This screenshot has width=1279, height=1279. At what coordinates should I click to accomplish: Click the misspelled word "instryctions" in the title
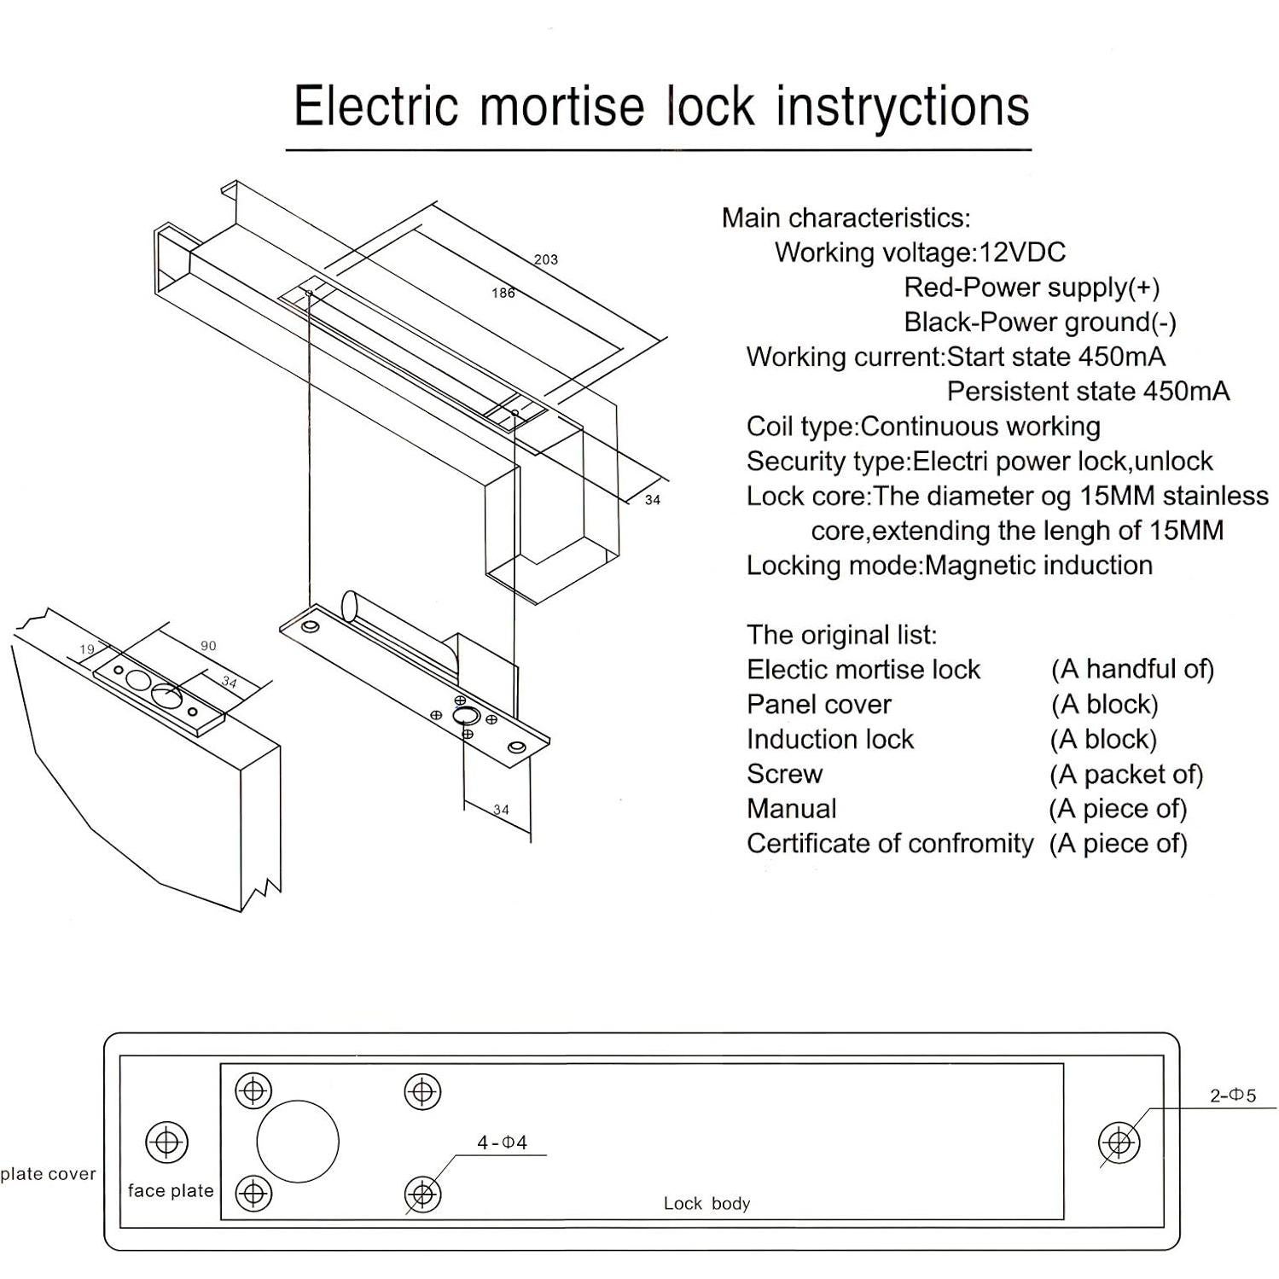[903, 107]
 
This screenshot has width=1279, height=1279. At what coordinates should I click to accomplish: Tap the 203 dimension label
[546, 259]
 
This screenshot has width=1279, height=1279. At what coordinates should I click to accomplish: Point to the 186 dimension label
[503, 294]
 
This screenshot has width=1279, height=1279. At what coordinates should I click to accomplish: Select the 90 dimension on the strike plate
[208, 646]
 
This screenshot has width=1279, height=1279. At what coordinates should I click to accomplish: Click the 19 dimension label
[86, 649]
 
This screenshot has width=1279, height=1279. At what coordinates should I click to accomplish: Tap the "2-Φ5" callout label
[1232, 1096]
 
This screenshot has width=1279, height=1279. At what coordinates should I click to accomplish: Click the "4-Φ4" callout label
[502, 1142]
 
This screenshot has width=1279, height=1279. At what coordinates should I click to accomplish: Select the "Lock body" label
[706, 1203]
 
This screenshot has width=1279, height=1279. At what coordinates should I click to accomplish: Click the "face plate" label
[171, 1190]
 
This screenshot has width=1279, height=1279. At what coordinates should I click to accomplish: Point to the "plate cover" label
[49, 1174]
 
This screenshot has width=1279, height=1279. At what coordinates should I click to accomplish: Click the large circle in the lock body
[298, 1141]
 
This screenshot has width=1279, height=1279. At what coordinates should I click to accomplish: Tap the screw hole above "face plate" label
[167, 1142]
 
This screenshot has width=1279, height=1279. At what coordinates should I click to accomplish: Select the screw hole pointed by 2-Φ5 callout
[1118, 1142]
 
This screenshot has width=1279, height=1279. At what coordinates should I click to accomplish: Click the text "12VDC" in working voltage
[1022, 253]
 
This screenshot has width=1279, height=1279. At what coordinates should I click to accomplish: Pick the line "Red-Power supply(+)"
[1032, 288]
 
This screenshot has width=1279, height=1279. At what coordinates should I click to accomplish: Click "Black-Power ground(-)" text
[1040, 323]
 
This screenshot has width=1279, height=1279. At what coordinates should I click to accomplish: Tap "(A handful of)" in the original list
[1131, 670]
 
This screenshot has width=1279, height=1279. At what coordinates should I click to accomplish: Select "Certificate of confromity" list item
[889, 844]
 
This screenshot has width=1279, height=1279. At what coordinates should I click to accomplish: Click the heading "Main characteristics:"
[846, 218]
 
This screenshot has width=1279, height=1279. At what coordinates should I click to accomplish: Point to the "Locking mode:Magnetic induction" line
[949, 566]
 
